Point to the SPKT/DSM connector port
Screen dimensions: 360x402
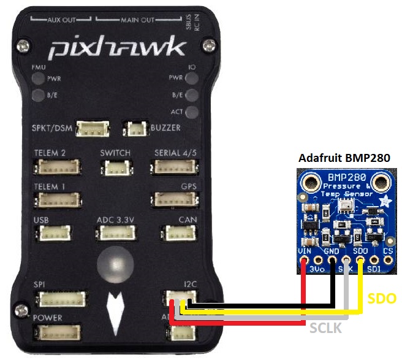(94, 129)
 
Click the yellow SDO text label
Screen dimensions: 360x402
(382, 299)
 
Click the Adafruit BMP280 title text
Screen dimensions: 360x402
(347, 158)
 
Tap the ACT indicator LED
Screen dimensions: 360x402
(192, 112)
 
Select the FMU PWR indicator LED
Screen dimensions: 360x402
(38, 79)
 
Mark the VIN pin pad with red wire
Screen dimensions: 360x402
(304, 260)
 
